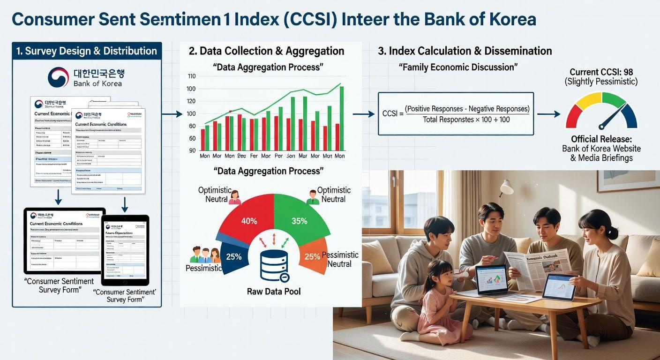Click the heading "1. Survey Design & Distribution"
pos(86,51)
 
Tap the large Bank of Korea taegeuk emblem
pos(58,77)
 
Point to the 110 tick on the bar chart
pos(191,76)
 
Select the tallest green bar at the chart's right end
pos(341,118)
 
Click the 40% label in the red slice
pos(248,221)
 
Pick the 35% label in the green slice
pos(299,221)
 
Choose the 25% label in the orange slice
pos(312,256)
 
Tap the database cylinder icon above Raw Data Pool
pos(274,265)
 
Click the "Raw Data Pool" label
pos(274,292)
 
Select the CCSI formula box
pos(456,114)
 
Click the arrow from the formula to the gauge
pos(548,114)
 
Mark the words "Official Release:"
pos(601,139)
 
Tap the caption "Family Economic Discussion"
pos(458,67)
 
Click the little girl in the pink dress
pos(438,300)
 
